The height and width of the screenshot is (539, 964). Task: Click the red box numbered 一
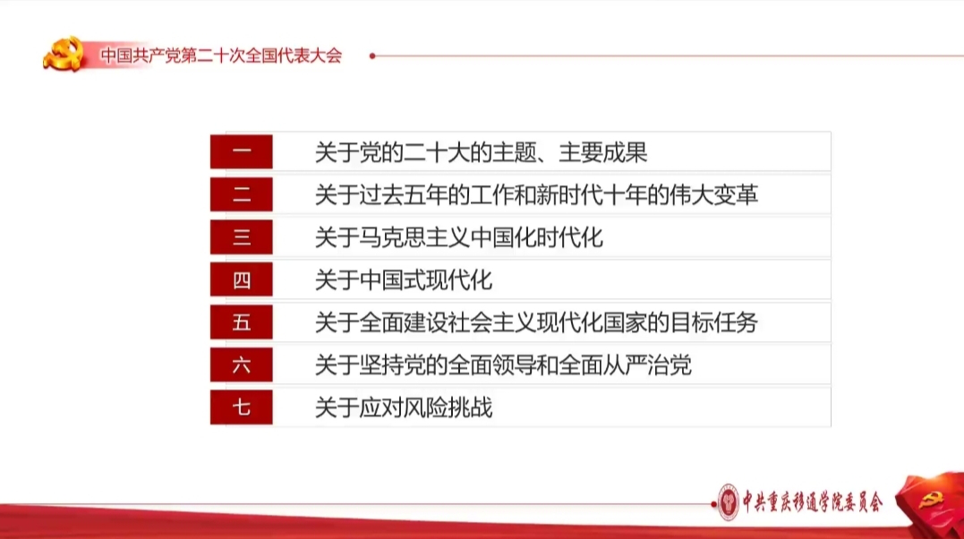coord(241,151)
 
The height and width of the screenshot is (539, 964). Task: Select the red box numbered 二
coord(241,194)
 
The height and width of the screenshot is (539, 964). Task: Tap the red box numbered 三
coord(241,237)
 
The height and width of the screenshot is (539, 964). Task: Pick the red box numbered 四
coord(241,279)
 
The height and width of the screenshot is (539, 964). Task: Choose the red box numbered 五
coord(241,321)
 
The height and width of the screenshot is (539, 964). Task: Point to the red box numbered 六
coord(241,365)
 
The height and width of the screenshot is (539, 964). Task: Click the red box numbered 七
coord(241,407)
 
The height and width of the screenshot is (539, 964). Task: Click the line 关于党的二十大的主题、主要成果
coord(481,152)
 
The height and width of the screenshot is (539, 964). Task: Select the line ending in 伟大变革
coord(536,195)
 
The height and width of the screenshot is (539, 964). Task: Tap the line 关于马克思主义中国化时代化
coord(458,237)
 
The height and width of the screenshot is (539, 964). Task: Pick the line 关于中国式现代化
coord(404,280)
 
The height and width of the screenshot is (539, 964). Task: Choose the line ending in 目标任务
coord(536,322)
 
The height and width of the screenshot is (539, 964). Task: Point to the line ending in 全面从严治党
coord(503,365)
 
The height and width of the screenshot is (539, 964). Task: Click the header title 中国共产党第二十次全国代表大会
coord(221,56)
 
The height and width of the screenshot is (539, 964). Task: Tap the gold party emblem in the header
coord(64,54)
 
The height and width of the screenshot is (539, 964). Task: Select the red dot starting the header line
coord(372,56)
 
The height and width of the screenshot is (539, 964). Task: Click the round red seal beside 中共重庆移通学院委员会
coord(729,502)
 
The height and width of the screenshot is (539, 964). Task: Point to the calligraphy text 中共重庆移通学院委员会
coord(812,502)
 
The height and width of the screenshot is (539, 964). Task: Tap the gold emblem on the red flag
coord(931,500)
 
